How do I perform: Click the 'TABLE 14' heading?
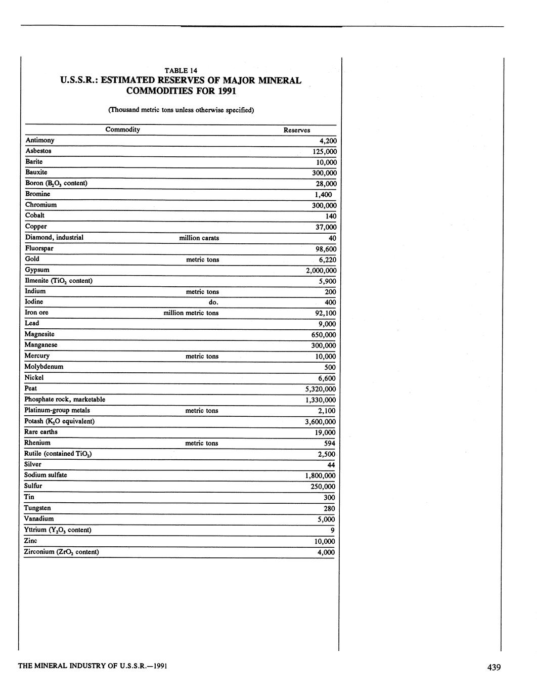click(x=181, y=70)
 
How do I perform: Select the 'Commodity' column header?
click(x=122, y=129)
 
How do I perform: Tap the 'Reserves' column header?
click(x=296, y=130)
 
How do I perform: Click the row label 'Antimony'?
click(x=40, y=140)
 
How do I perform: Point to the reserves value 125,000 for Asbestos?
click(x=324, y=152)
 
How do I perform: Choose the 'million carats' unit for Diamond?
click(x=199, y=238)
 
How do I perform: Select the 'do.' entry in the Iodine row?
click(x=213, y=302)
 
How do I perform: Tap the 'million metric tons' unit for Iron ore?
click(x=191, y=313)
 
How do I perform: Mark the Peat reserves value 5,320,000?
click(x=320, y=389)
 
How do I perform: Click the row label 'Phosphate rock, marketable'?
click(x=65, y=400)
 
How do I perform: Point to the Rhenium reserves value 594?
click(x=329, y=443)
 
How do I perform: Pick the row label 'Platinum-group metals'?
click(x=57, y=410)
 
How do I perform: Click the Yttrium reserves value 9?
click(x=332, y=530)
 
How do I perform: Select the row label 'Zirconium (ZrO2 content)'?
click(x=61, y=552)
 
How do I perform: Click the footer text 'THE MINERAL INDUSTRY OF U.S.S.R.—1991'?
click(x=93, y=666)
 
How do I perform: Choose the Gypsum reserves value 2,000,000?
click(x=321, y=270)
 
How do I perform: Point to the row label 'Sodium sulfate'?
click(x=46, y=475)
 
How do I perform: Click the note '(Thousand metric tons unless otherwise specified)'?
click(x=181, y=109)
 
